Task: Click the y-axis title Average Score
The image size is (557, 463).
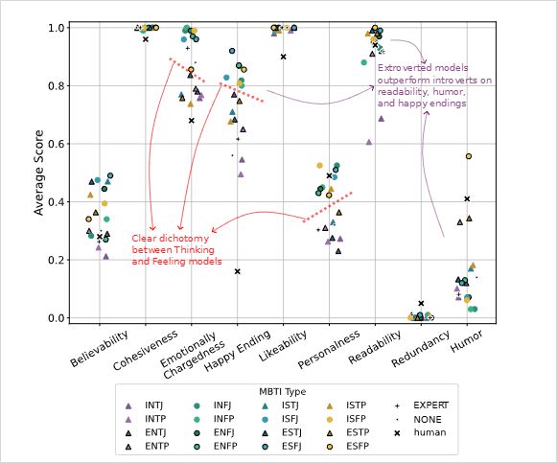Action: click(x=38, y=173)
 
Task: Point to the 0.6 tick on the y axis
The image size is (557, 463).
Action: click(x=68, y=144)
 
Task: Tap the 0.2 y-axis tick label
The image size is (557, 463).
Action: click(x=57, y=260)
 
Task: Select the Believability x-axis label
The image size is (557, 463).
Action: click(x=99, y=349)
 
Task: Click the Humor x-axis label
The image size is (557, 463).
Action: click(x=467, y=340)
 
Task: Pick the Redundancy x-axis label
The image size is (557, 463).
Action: click(x=420, y=349)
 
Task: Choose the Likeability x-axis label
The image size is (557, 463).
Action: click(x=283, y=346)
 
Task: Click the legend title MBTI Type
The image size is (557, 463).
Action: click(x=282, y=392)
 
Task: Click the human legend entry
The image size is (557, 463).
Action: click(x=420, y=432)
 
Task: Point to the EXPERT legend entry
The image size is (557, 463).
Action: click(x=421, y=405)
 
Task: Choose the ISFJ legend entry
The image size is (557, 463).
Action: click(x=281, y=419)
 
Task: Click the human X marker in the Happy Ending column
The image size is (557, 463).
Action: click(x=238, y=271)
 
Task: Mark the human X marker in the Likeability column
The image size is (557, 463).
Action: click(x=283, y=57)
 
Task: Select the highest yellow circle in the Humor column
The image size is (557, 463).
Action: click(x=469, y=156)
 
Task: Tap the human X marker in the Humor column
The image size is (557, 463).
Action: click(x=467, y=198)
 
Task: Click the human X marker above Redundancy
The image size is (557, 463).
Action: click(x=421, y=303)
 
